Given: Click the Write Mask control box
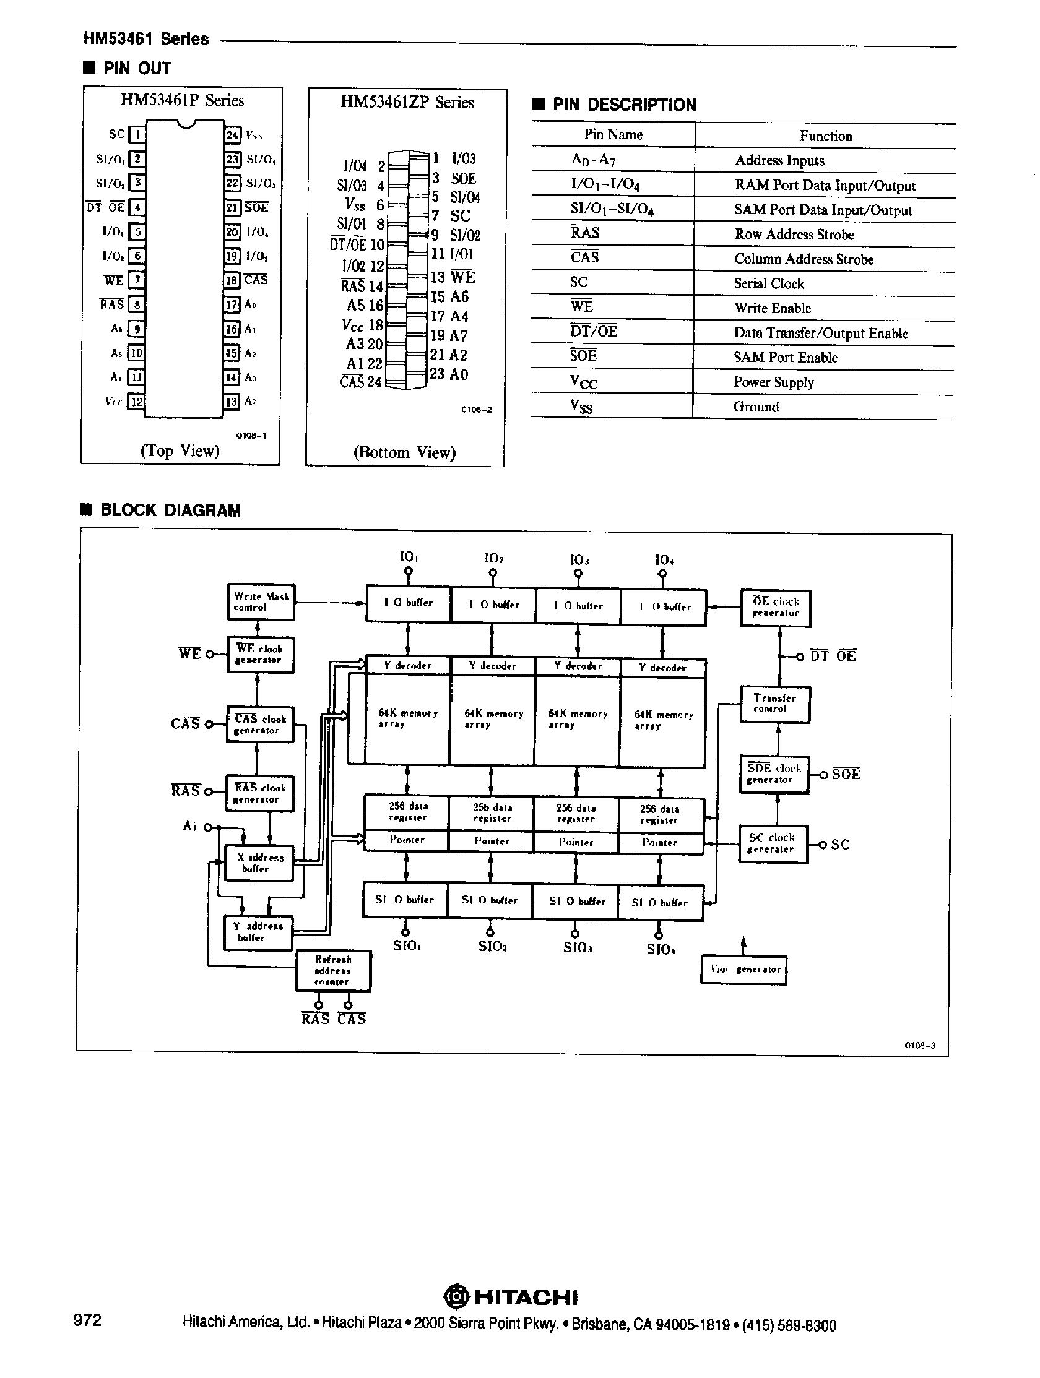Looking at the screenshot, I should pyautogui.click(x=261, y=602).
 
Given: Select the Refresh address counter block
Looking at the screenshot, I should pyautogui.click(x=333, y=971).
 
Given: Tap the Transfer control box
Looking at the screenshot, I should pyautogui.click(x=774, y=704).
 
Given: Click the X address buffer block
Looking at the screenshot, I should pyautogui.click(x=259, y=863).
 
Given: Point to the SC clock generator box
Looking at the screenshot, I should pyautogui.click(x=773, y=843).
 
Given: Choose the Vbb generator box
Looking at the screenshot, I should pyautogui.click(x=744, y=970).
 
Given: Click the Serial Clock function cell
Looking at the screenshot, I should pyautogui.click(x=769, y=283).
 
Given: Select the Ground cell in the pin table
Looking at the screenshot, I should pyautogui.click(x=756, y=407).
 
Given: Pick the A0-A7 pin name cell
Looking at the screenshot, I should pyautogui.click(x=593, y=160).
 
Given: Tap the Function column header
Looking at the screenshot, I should pyautogui.click(x=826, y=136).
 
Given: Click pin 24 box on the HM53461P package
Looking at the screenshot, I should pyautogui.click(x=232, y=134).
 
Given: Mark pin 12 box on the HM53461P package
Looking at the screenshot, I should pyautogui.click(x=135, y=402).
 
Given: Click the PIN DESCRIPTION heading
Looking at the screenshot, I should pyautogui.click(x=624, y=105).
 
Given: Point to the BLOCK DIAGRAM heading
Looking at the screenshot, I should pyautogui.click(x=170, y=510).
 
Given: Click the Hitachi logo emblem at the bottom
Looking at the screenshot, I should pyautogui.click(x=456, y=1297).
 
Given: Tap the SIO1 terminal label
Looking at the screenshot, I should pyautogui.click(x=407, y=945).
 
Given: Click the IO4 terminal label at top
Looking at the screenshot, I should pyautogui.click(x=663, y=559).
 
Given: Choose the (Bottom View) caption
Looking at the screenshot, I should pyautogui.click(x=404, y=452).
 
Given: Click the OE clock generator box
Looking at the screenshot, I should pyautogui.click(x=776, y=608).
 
